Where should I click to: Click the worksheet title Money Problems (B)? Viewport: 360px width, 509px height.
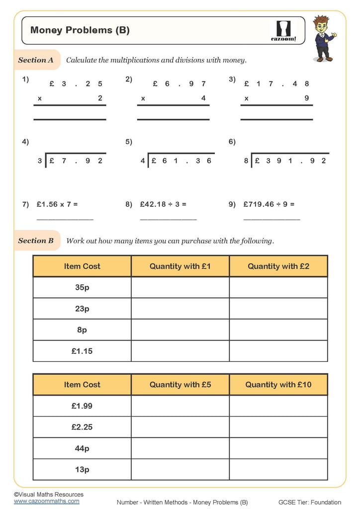(x=80, y=30)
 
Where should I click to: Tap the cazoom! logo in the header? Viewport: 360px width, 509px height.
(x=283, y=31)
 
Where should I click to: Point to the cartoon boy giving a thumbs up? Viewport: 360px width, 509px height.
(x=324, y=38)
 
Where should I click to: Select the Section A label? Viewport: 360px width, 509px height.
(x=36, y=60)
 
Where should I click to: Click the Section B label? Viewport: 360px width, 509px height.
(x=36, y=241)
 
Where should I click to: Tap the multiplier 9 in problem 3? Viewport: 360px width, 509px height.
(x=307, y=98)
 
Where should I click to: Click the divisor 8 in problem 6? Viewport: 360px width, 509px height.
(x=246, y=161)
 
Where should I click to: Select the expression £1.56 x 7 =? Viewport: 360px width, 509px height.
(x=57, y=204)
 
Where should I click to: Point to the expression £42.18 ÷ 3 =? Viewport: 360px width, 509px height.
(x=163, y=204)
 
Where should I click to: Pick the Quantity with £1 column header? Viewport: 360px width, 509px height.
(x=180, y=266)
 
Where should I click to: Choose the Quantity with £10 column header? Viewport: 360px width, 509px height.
(x=278, y=385)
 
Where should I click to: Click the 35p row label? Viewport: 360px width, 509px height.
(x=82, y=287)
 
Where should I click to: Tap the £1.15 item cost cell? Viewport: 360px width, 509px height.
(x=82, y=351)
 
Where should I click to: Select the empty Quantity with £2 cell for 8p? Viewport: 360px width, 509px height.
(x=278, y=330)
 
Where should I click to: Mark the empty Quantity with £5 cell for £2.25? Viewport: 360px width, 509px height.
(x=180, y=427)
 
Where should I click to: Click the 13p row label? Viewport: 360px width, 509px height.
(x=82, y=469)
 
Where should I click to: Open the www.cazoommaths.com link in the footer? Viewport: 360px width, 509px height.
(x=46, y=501)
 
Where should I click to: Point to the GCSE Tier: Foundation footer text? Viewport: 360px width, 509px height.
(x=309, y=503)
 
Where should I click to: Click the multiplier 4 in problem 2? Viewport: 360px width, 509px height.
(x=203, y=98)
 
